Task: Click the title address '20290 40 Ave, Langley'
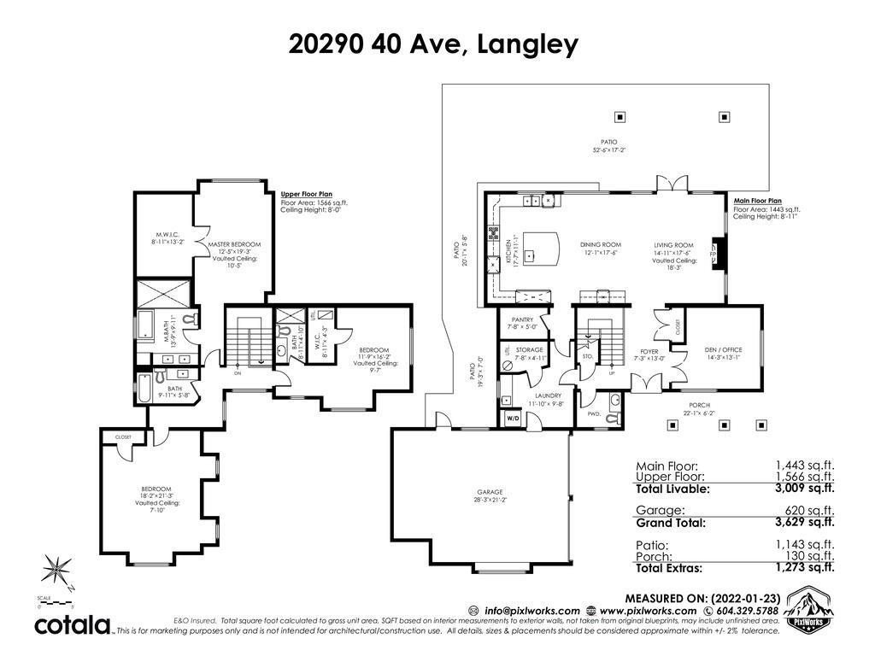click(x=433, y=45)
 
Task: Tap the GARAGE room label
click(x=490, y=492)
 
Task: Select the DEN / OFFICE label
click(x=723, y=349)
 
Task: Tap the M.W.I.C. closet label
click(x=166, y=233)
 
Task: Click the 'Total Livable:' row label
click(x=672, y=489)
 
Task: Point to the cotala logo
click(x=72, y=625)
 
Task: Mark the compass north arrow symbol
click(x=58, y=570)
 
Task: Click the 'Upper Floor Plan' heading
click(x=302, y=194)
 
